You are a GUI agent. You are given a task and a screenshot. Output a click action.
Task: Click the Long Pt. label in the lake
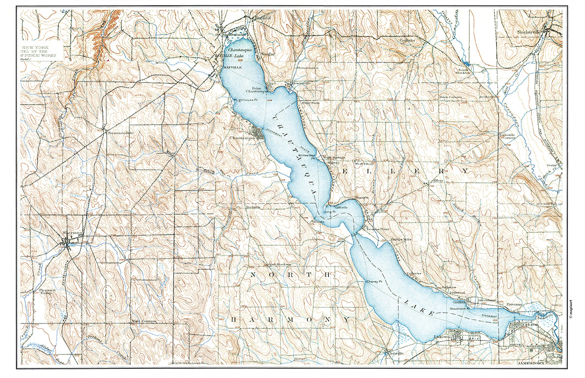coord(331,213)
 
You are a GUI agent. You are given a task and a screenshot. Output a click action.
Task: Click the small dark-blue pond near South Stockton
coord(467,63)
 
